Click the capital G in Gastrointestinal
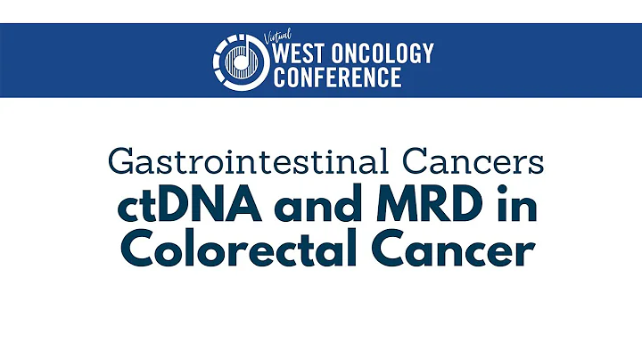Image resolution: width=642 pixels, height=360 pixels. tap(119, 162)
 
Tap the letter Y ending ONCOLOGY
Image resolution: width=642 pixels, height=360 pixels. tap(426, 53)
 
